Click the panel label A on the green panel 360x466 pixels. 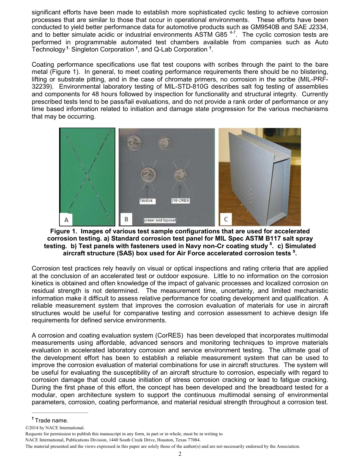[66, 219]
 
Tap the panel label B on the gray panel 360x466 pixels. [126, 219]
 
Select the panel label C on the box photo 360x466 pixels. [226, 219]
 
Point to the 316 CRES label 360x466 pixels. [180, 200]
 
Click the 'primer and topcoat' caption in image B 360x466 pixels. [160, 220]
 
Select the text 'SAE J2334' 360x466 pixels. [312, 27]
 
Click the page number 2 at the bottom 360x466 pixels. [180, 454]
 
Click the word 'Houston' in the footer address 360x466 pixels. [158, 440]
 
